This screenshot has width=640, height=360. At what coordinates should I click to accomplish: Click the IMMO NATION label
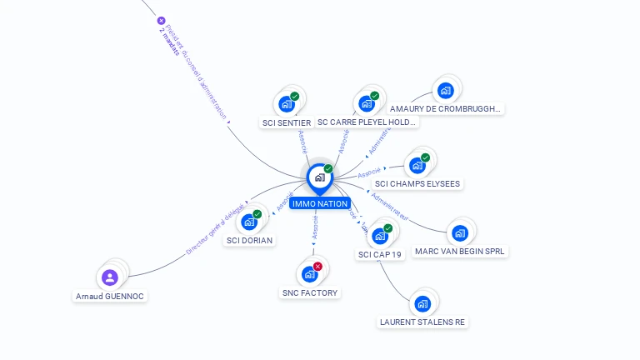point(320,203)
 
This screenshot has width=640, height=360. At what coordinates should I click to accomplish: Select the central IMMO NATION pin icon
point(319,177)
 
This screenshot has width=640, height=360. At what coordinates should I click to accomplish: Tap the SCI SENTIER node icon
point(287,104)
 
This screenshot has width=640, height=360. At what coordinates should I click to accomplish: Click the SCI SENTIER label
point(286,122)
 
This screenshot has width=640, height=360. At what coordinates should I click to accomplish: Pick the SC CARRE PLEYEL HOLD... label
point(367,122)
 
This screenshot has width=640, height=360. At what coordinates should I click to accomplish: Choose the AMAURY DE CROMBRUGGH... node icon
point(445,90)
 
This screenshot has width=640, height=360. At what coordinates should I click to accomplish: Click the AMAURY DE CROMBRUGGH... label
point(446,108)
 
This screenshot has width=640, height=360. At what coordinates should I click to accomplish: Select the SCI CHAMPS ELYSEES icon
point(414,165)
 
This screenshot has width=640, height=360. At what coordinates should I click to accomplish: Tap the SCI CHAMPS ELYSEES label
point(417,183)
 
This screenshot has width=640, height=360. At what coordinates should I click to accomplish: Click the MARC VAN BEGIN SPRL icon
point(459,232)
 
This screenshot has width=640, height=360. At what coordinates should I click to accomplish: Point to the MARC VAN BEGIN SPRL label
point(460,251)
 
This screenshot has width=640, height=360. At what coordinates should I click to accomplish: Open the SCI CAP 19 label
point(381,254)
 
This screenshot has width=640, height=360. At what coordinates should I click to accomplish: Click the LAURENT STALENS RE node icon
point(422,303)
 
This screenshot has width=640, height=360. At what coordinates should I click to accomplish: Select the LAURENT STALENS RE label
point(422,322)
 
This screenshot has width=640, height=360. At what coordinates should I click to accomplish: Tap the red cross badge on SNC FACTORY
point(317,267)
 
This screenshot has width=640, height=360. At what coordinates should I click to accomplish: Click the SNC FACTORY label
point(310,292)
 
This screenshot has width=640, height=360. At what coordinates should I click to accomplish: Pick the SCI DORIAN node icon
point(249,222)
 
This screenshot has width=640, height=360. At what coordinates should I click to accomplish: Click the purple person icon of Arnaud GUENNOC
point(110,277)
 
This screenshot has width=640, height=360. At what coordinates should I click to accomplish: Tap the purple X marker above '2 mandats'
point(161,21)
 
